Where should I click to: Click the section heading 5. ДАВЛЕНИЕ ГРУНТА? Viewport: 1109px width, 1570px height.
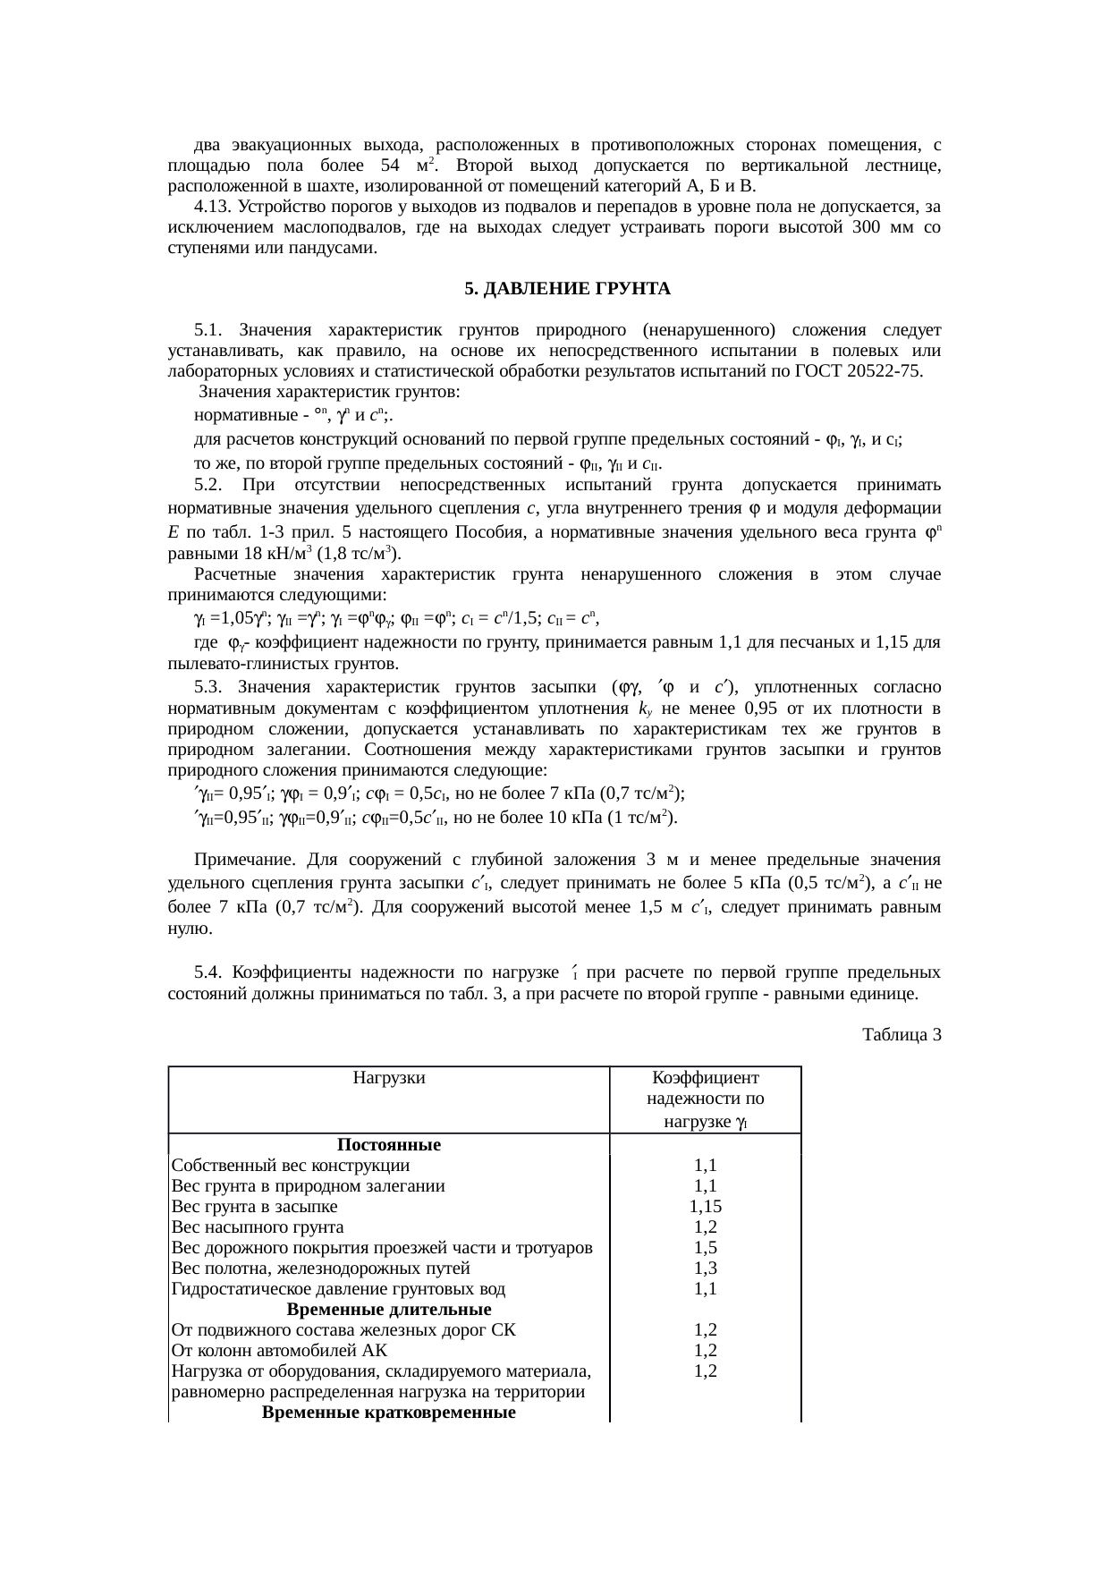[x=567, y=289]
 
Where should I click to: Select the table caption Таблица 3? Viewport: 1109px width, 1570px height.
[x=902, y=1035]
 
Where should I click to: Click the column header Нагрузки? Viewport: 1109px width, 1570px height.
[x=389, y=1077]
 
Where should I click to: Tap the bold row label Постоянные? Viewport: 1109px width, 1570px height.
[x=389, y=1144]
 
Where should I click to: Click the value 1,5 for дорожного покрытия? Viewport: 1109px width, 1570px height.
[x=705, y=1248]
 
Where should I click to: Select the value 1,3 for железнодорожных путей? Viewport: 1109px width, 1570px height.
[x=705, y=1269]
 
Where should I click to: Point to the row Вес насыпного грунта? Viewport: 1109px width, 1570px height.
[x=258, y=1227]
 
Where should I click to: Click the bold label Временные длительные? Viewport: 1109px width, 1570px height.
[x=389, y=1310]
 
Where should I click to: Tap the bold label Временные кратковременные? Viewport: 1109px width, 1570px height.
[x=389, y=1413]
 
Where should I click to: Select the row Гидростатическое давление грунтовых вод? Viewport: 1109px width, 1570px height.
[x=338, y=1289]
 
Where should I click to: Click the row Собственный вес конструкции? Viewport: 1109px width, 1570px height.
[x=291, y=1166]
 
